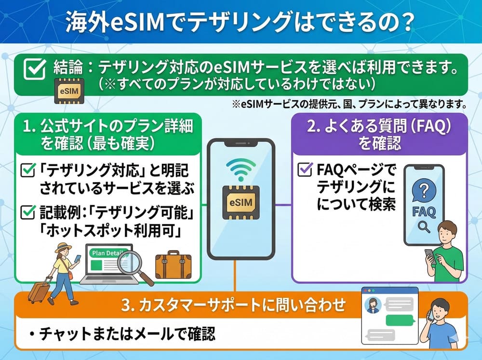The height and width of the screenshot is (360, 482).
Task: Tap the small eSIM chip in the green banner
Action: coord(69,90)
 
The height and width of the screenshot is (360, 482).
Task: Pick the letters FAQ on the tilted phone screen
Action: coord(424,212)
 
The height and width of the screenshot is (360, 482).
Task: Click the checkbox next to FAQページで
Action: coord(305,170)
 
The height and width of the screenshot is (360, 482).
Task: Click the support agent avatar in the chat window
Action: coord(374,304)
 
